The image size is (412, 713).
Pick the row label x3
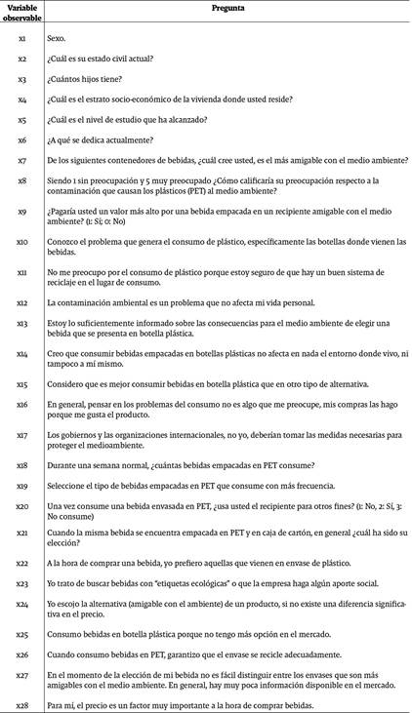pyautogui.click(x=22, y=79)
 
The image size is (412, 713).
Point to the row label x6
pyautogui.click(x=22, y=140)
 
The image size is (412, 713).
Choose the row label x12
pyautogui.click(x=22, y=303)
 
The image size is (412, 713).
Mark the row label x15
pyautogui.click(x=22, y=384)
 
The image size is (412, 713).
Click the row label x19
pyautogui.click(x=22, y=485)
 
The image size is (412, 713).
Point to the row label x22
pyautogui.click(x=22, y=564)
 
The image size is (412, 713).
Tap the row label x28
pyautogui.click(x=22, y=704)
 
